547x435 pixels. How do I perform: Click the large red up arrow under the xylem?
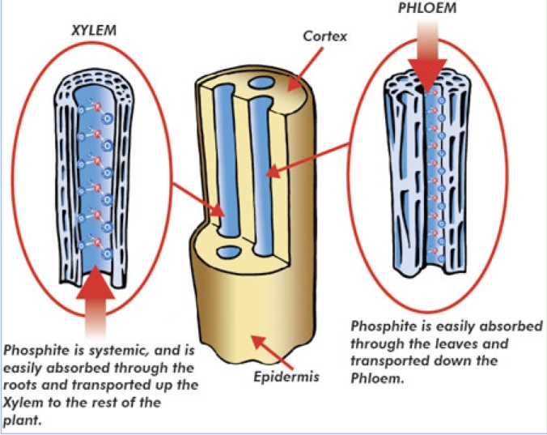tap(100, 300)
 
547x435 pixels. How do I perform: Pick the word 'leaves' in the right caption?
tap(456, 343)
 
